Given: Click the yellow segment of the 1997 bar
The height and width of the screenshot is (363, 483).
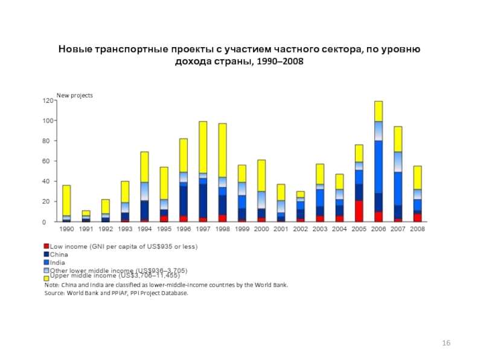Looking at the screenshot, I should [202, 147].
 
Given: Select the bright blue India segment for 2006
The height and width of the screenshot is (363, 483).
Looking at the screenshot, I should [379, 166].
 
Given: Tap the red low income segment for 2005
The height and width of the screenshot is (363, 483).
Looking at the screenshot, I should [359, 211].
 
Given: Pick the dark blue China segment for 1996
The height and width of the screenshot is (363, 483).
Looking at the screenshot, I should [183, 200].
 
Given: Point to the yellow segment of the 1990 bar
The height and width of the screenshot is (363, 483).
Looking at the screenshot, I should [66, 200].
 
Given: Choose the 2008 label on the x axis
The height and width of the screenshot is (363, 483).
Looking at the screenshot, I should [417, 229].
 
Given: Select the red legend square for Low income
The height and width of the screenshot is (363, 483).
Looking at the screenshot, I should [46, 247].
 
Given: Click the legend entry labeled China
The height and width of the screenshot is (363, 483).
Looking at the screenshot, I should [59, 255].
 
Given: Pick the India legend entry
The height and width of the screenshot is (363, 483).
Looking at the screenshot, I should [57, 263].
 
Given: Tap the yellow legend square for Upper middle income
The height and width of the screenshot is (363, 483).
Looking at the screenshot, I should [46, 277].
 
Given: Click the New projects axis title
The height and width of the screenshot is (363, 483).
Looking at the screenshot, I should [75, 96].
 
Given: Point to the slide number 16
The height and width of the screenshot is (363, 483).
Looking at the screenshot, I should [446, 344].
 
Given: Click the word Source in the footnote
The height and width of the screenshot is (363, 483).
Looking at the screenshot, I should [55, 293].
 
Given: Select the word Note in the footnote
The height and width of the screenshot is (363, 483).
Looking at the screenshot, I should [52, 284].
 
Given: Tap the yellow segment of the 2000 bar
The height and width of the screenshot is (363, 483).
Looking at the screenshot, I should [261, 175].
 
